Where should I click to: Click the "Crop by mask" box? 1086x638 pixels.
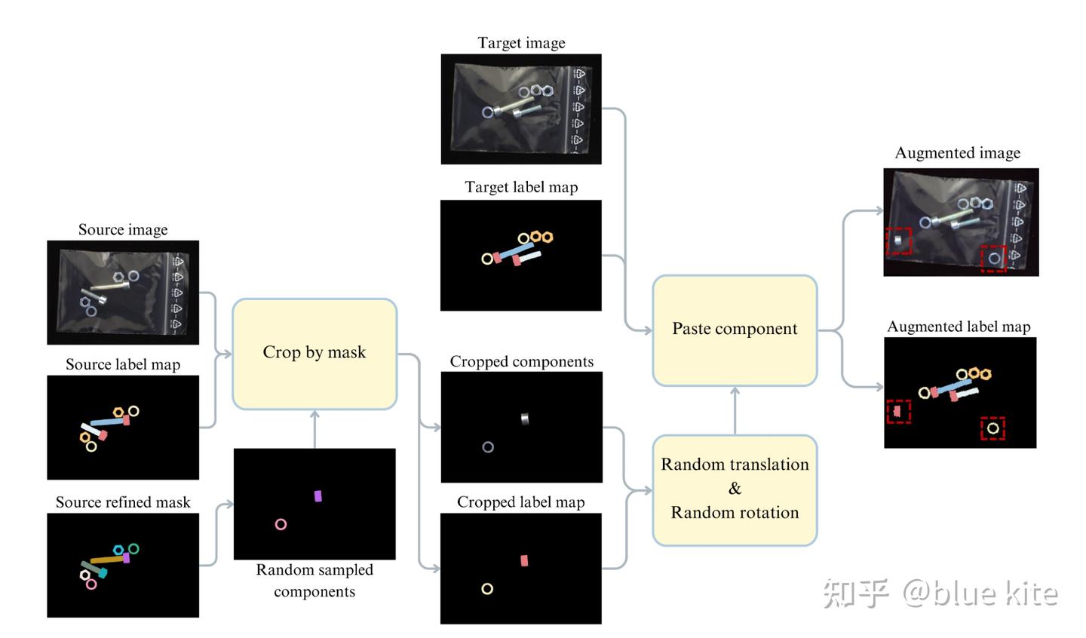[x=314, y=353]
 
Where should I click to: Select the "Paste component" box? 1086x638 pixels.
[x=735, y=330]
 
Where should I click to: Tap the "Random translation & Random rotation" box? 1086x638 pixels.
[x=735, y=489]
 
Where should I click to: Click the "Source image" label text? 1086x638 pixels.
[x=123, y=229]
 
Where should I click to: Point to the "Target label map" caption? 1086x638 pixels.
[x=521, y=187]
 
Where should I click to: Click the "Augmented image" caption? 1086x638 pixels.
[x=957, y=153]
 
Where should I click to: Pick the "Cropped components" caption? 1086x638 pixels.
[x=521, y=361]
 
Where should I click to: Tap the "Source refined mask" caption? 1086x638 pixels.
[x=123, y=502]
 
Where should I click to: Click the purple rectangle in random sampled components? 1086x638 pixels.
[x=318, y=495]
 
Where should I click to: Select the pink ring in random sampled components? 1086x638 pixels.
[x=281, y=524]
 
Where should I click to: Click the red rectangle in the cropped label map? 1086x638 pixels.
[x=524, y=560]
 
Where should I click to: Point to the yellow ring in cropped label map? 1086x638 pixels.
[x=487, y=588]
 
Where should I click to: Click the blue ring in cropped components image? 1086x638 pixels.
[x=488, y=447]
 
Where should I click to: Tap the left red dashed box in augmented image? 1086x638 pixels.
[x=898, y=241]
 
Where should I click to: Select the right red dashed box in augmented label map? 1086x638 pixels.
[x=992, y=428]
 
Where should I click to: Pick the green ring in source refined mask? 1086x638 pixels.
[x=133, y=549]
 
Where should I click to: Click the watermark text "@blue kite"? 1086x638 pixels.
[x=980, y=594]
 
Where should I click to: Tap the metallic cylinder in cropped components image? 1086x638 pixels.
[x=525, y=419]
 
